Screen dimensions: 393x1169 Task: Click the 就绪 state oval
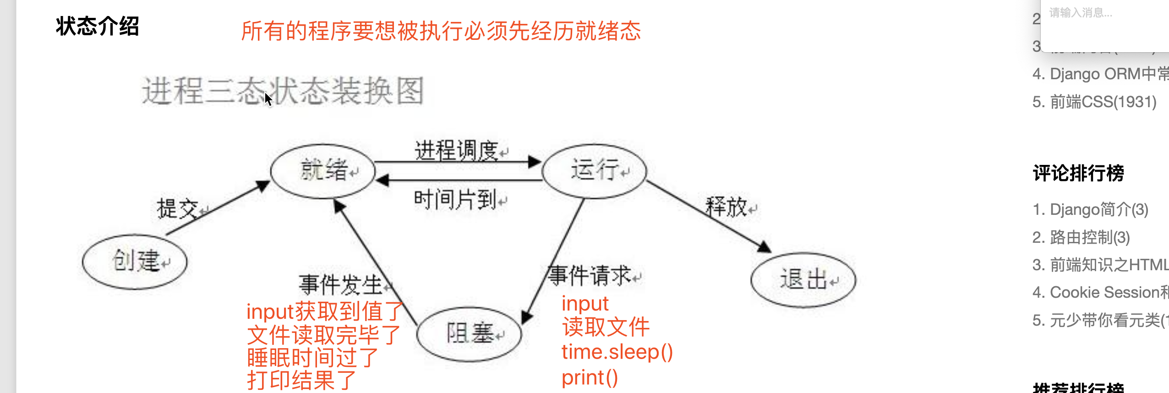(323, 171)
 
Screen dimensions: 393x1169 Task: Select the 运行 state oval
(594, 171)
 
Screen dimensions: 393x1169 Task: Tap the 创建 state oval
(135, 262)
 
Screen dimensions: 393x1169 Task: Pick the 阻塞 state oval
(469, 333)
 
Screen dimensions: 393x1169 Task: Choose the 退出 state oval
(803, 279)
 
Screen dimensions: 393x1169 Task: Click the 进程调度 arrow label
(456, 150)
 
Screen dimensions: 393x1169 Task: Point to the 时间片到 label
(455, 200)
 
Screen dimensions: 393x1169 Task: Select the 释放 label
(727, 207)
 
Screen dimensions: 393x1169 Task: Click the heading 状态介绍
(97, 26)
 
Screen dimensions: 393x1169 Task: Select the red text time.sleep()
(617, 352)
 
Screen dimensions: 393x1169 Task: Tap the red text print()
(590, 377)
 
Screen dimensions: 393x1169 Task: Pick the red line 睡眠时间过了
(312, 357)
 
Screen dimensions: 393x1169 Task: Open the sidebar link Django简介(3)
(1090, 210)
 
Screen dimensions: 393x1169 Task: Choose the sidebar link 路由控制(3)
(1081, 237)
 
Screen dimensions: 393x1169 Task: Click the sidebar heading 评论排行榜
(1078, 173)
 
